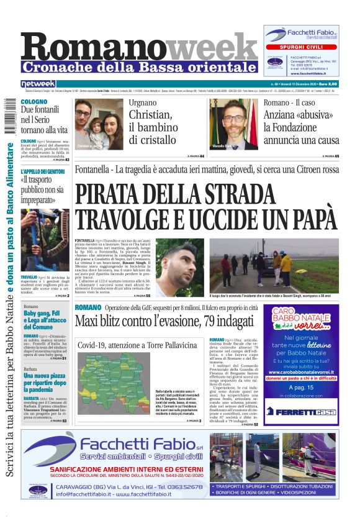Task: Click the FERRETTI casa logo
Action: [x=300, y=411]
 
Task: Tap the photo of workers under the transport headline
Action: [x=36, y=239]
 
